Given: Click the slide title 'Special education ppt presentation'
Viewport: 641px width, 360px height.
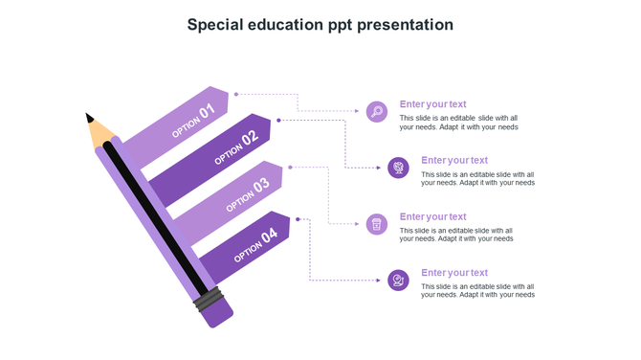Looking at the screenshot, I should pos(320,25).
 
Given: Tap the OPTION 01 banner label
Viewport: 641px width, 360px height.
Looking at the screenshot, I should pos(193,122).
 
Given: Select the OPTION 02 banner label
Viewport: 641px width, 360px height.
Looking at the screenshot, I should pos(236,147).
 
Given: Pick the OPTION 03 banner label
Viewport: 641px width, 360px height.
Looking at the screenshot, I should pos(248,193).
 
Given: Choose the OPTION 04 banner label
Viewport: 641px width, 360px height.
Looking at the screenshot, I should pos(255,243).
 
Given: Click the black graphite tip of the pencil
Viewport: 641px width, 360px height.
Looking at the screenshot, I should pos(90,119).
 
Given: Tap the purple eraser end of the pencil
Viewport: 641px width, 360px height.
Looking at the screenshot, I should pos(220,313).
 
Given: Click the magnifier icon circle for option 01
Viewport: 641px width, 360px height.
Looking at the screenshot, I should pos(377,112).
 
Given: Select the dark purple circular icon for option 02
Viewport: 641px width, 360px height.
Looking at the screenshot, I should pos(399,169).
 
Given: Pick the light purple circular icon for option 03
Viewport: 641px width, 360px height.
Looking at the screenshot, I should pos(377,224).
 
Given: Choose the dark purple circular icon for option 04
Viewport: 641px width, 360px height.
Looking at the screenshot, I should pos(399,280).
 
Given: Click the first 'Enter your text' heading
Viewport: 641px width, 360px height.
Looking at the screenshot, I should pos(432,104).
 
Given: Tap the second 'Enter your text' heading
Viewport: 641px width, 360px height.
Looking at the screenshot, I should pos(454,161).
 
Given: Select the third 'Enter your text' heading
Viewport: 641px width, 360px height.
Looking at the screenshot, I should pos(432,217).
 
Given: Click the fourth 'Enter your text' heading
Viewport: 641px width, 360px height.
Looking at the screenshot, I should pos(454,273).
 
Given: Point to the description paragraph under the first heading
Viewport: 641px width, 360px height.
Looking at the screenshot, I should pos(458,123).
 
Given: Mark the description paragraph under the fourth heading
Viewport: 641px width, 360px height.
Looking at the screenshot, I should pos(477,291).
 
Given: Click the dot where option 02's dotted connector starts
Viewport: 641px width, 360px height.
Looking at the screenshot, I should pos(278,120).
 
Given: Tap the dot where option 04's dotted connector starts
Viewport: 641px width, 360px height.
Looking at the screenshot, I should pos(298,219).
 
